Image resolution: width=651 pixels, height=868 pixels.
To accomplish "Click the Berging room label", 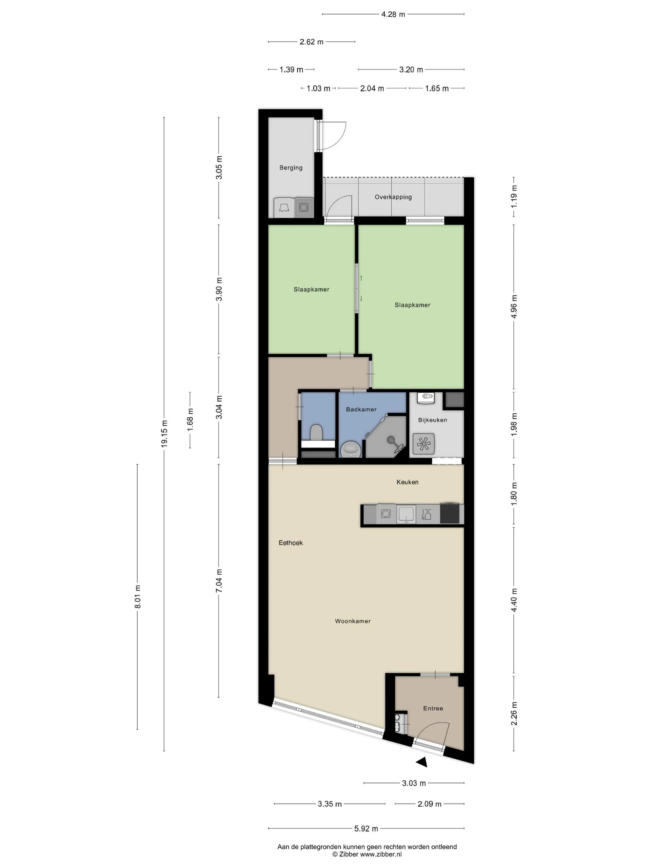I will tap(291, 167).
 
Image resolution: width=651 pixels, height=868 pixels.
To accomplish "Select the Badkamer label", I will tap(361, 409).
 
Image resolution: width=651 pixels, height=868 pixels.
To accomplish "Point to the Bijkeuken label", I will tap(432, 420).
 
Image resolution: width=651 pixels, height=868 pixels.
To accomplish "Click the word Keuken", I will tap(407, 482).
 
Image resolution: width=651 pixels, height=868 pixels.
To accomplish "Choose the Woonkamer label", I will tap(352, 621).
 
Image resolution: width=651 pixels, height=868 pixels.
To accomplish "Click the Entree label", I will tap(433, 708).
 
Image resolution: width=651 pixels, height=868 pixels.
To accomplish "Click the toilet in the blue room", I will tap(316, 433).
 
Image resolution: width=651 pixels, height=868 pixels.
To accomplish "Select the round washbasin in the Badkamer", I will tap(350, 449).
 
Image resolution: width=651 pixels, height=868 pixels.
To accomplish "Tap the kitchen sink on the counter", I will tap(407, 514).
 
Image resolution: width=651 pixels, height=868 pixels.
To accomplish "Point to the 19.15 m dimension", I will tap(164, 434).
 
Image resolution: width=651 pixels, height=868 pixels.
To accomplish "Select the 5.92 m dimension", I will tap(366, 829).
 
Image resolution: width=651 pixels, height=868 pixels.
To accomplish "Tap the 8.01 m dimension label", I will tap(137, 596).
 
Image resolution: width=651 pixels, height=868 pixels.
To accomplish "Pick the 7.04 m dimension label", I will tap(219, 581).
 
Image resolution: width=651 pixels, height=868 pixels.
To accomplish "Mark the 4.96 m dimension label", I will tap(514, 307).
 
